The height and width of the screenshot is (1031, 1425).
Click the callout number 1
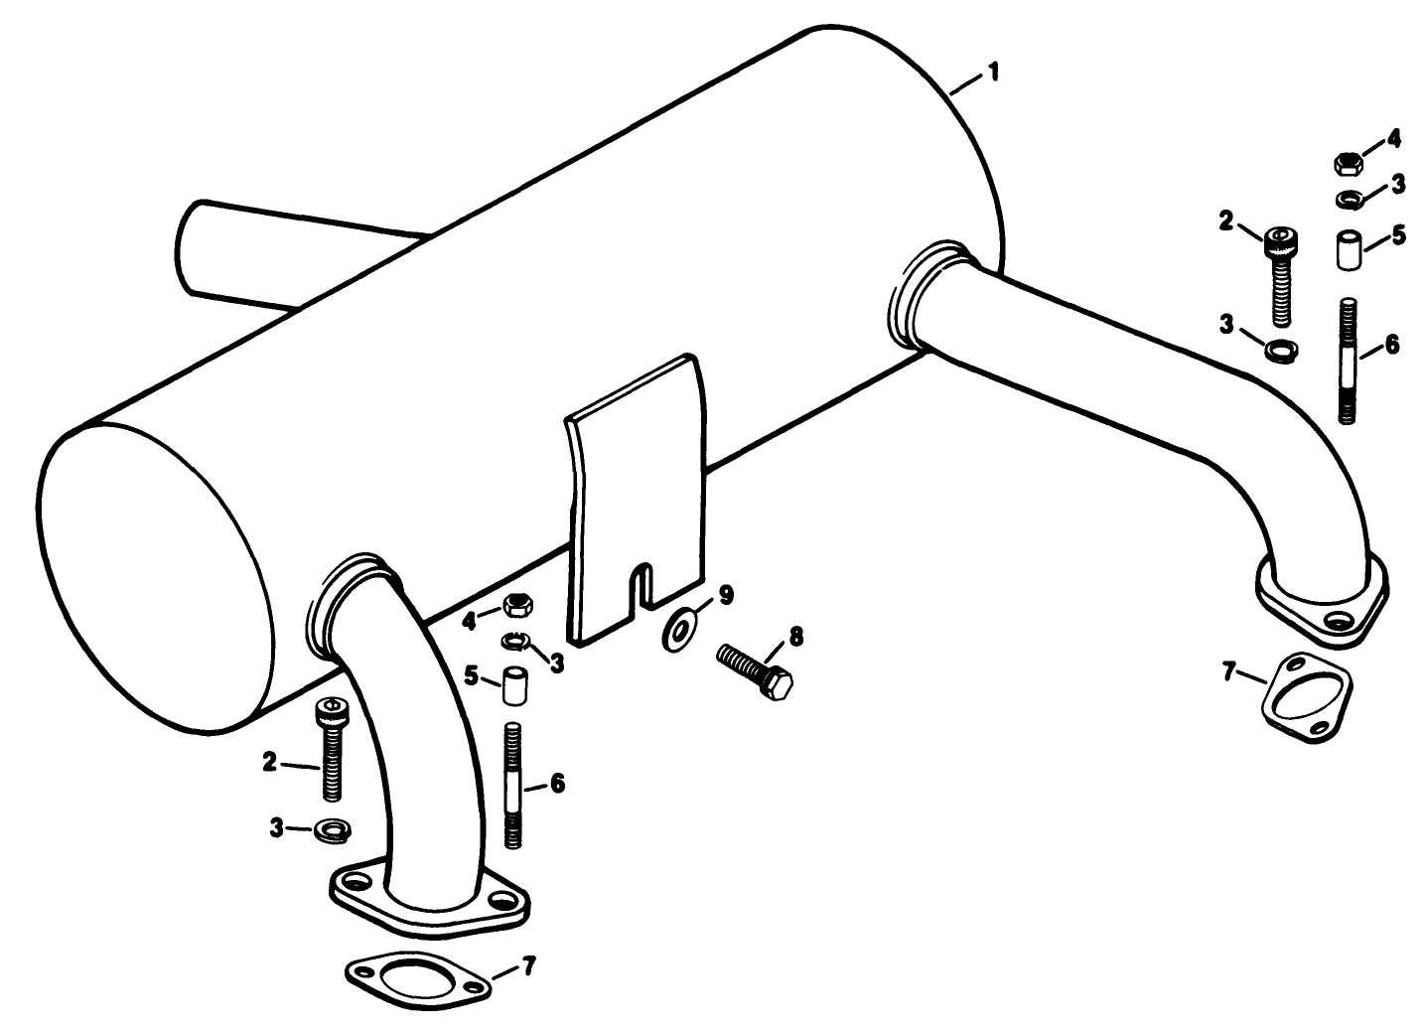coord(993,74)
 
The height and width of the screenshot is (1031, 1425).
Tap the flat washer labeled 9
coord(678,631)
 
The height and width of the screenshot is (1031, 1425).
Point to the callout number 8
coord(795,635)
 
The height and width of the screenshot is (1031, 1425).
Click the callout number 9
coord(726,595)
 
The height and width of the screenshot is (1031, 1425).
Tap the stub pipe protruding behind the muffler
coord(238,253)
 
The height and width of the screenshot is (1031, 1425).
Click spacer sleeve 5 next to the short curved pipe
coord(514,685)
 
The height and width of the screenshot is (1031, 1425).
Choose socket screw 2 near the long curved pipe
coord(1280,273)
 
